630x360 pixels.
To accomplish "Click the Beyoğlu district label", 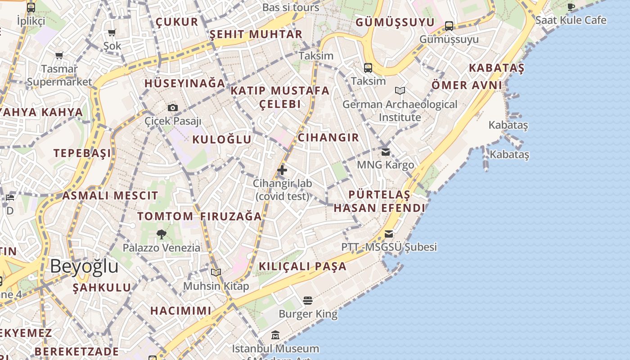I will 84,266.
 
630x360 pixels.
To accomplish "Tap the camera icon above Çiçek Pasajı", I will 173,108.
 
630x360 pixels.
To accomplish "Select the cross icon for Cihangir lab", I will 282,170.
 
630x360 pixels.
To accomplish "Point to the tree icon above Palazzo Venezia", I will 162,234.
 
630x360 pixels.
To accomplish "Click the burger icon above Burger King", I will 308,300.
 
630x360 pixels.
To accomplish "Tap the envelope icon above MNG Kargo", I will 386,152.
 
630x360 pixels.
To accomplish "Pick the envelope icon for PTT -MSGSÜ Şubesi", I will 389,234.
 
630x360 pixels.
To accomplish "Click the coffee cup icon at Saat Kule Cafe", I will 571,7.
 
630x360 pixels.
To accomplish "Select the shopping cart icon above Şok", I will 112,32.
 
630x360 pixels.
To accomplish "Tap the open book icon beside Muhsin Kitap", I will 216,272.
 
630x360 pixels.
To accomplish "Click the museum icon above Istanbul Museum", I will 275,335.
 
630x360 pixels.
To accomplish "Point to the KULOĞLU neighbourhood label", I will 222,139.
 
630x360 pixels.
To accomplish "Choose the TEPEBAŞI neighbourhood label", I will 82,153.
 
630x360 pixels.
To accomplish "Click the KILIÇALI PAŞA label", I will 303,266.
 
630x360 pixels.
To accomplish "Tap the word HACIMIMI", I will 181,310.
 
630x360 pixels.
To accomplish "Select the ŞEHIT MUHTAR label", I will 256,34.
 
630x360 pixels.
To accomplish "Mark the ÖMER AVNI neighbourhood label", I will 467,85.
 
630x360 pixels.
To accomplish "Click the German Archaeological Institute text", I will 400,111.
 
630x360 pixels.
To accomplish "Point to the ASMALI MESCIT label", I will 110,196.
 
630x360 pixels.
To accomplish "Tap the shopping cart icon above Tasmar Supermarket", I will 59,56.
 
